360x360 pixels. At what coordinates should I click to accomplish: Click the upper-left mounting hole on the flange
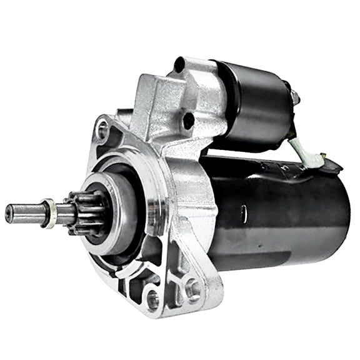pyautogui.click(x=101, y=130)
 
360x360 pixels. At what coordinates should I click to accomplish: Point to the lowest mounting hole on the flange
pyautogui.click(x=152, y=301)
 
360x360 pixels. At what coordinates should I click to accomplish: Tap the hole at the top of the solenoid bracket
pyautogui.click(x=180, y=64)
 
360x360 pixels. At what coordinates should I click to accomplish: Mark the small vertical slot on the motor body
pyautogui.click(x=243, y=213)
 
